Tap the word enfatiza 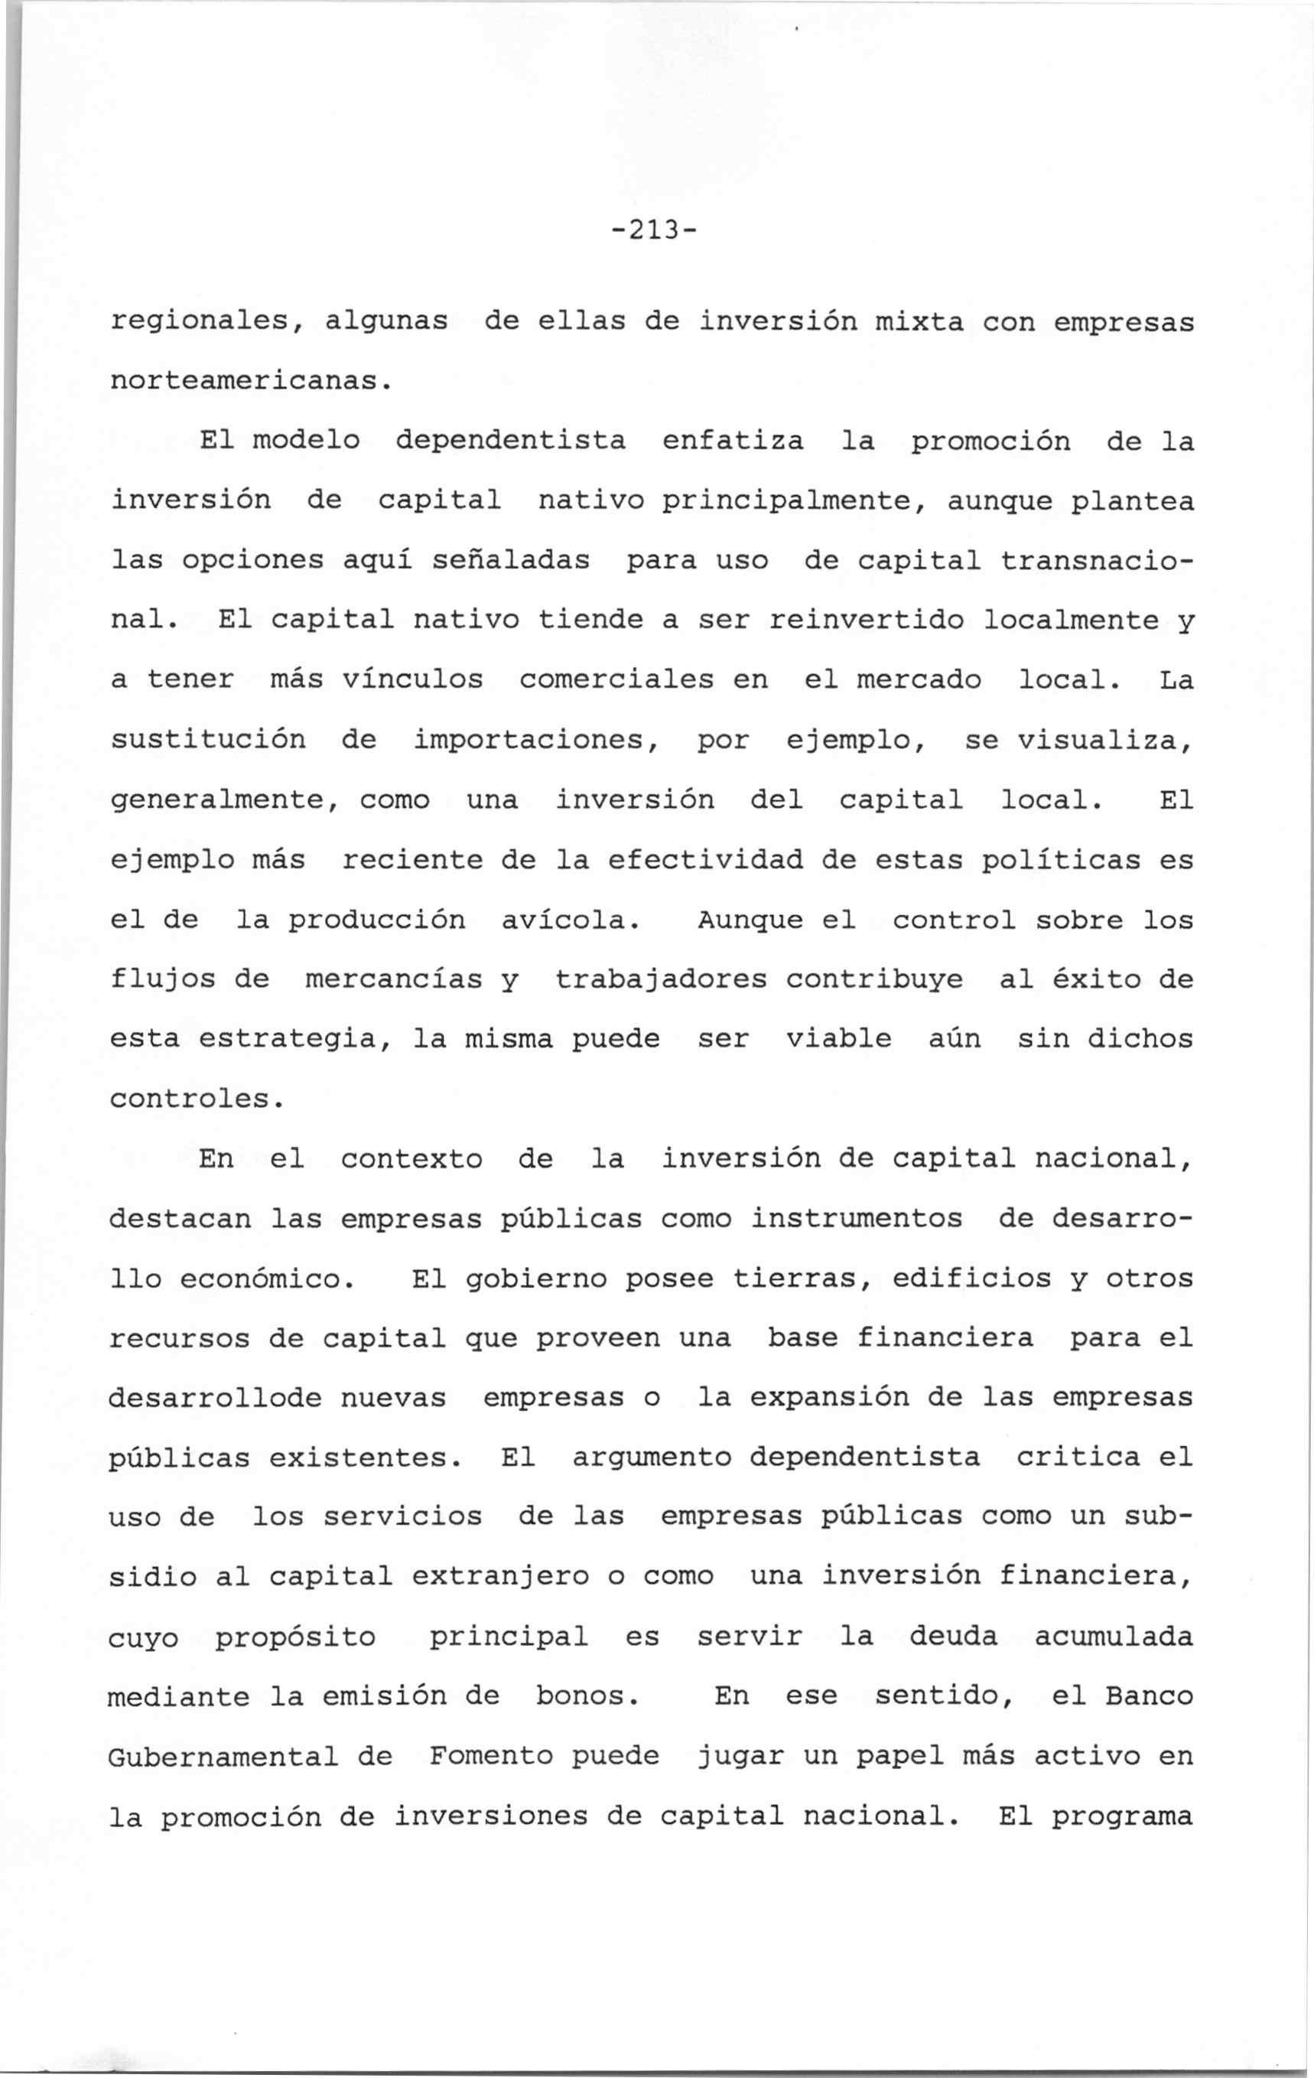pyautogui.click(x=733, y=441)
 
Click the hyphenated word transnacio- pyautogui.click(x=1098, y=561)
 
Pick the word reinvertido pyautogui.click(x=865, y=620)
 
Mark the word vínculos pyautogui.click(x=412, y=680)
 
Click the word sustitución pyautogui.click(x=208, y=741)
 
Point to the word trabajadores pyautogui.click(x=661, y=980)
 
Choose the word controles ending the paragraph pyautogui.click(x=196, y=1099)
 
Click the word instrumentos pyautogui.click(x=856, y=1219)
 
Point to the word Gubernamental pyautogui.click(x=223, y=1756)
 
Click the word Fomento pyautogui.click(x=491, y=1756)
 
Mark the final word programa pyautogui.click(x=1121, y=1817)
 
